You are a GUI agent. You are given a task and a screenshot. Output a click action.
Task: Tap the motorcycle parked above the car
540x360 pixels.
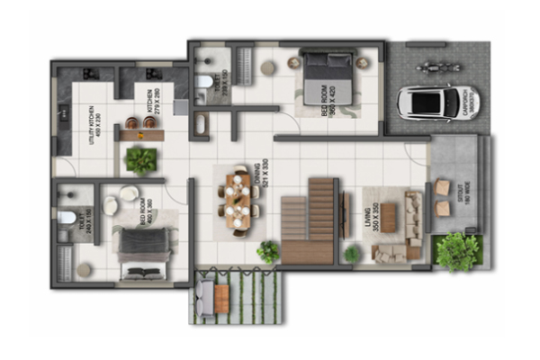point(426,67)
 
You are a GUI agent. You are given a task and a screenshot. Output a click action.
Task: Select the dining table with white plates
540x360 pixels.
point(238,201)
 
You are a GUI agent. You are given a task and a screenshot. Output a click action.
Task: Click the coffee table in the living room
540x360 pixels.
point(389,219)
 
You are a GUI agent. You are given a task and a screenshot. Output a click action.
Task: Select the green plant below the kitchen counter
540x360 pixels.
point(141,160)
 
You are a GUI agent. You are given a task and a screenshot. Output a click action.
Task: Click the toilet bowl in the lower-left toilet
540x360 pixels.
point(67,217)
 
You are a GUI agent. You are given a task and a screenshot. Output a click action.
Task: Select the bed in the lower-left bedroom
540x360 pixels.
point(142,251)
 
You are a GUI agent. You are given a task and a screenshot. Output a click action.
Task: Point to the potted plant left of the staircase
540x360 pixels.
point(268,251)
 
